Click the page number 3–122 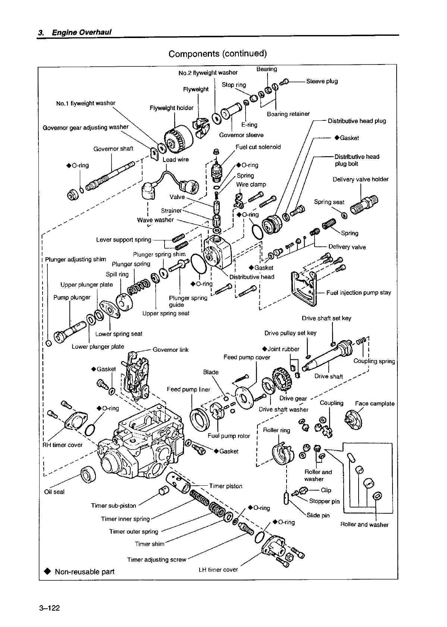(49, 608)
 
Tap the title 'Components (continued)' (218, 54)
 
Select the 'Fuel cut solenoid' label (258, 147)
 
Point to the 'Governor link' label (171, 350)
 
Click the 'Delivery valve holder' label (360, 179)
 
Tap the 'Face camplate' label (375, 403)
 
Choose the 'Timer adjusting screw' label (156, 560)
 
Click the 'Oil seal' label (54, 492)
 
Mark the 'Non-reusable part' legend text (84, 571)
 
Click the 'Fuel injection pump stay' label (358, 293)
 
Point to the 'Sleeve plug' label (322, 81)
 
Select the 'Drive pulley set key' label (290, 333)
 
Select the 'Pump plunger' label (72, 297)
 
